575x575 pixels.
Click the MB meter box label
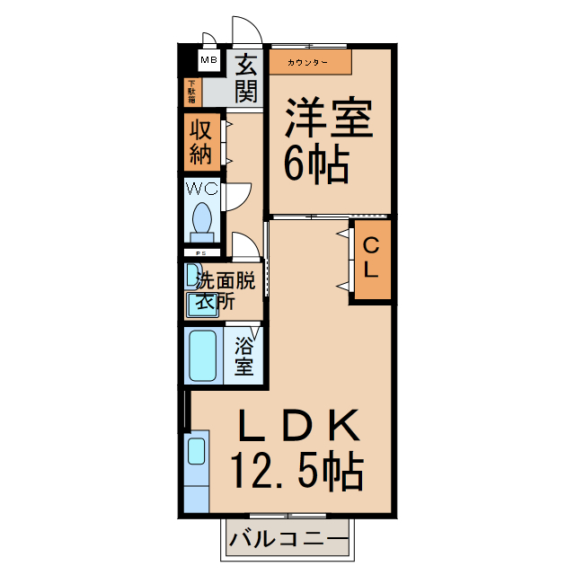pos(208,61)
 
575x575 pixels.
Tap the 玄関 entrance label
pos(247,77)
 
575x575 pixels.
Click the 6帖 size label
pos(317,164)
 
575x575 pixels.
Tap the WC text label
pos(201,189)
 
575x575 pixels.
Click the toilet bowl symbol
pos(202,218)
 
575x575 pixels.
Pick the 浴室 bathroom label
pos(243,356)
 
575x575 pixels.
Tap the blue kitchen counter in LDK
pos(197,472)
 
